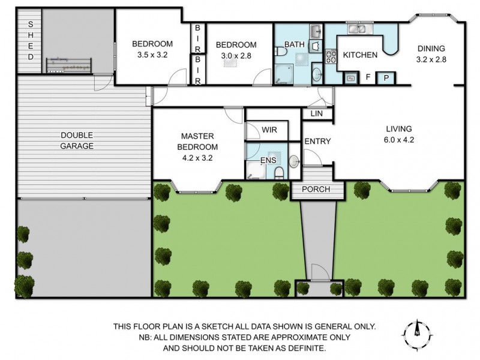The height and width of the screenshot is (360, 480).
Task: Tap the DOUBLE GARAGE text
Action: (x=76, y=140)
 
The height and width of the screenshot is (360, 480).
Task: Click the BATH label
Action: (x=295, y=44)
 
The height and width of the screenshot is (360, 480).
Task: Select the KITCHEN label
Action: (x=360, y=55)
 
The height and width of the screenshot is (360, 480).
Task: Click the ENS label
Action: (x=268, y=161)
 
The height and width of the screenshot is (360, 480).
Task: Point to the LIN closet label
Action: (x=317, y=113)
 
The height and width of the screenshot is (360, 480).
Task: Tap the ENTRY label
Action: (x=317, y=142)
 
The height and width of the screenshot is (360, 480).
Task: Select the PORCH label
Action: (x=316, y=190)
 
